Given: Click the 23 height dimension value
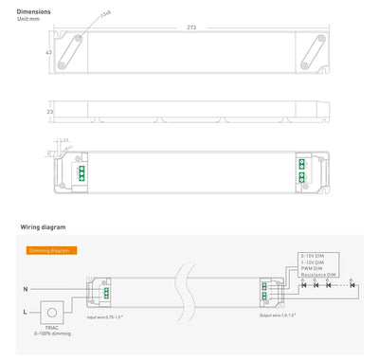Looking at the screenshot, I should [x=49, y=112].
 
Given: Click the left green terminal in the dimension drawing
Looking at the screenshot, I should [x=82, y=173].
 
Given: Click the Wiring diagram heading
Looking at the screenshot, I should [x=42, y=228].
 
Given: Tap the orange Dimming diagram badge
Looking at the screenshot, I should [x=52, y=250].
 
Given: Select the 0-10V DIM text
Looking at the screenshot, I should [x=314, y=257].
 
